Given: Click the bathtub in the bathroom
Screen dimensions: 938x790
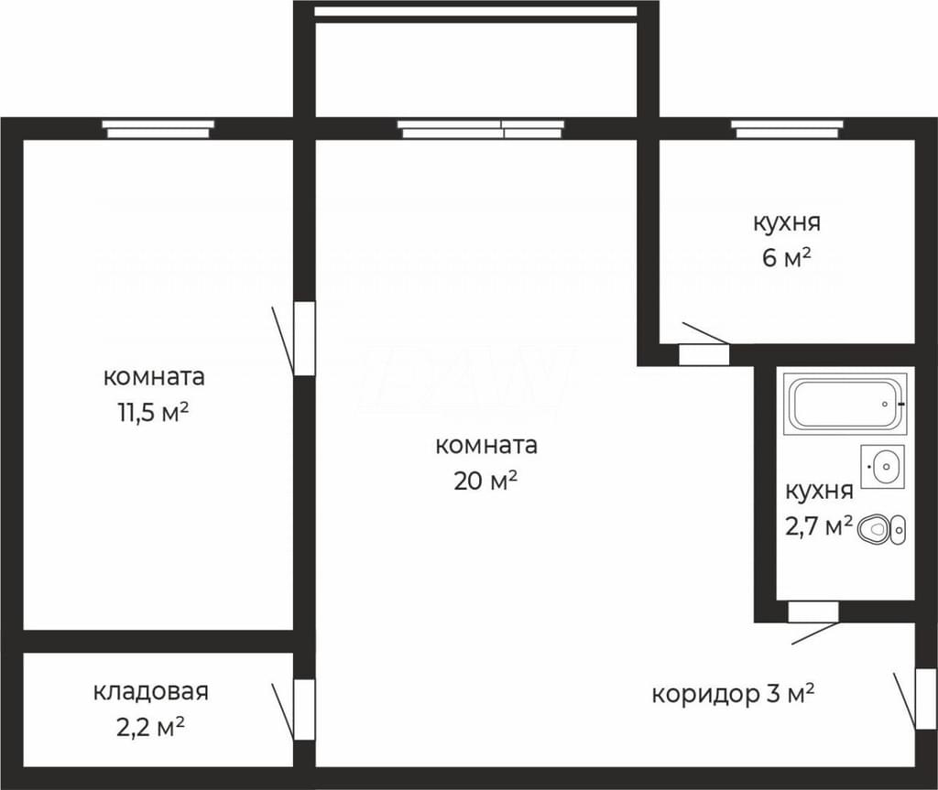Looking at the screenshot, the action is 845,403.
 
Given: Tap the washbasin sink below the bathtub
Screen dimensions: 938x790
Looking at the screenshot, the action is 883,466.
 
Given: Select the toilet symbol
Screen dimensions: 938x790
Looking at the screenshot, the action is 882,529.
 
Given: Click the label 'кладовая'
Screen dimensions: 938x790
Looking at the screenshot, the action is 151,692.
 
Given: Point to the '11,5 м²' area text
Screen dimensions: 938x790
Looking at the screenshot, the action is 154,413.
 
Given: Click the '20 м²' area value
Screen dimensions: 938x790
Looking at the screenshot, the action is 485,481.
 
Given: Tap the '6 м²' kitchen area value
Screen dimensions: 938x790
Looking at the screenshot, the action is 786,258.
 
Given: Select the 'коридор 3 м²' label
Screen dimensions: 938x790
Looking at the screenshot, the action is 733,694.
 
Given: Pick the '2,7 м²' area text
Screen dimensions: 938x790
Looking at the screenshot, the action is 819,527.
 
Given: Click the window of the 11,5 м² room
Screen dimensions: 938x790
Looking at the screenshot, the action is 158,128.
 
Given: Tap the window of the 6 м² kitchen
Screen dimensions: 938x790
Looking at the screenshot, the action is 787,128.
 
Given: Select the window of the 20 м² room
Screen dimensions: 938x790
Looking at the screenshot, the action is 481,128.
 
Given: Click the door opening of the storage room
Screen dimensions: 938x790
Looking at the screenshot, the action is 304,709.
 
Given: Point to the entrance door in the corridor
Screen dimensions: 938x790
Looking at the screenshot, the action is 926,698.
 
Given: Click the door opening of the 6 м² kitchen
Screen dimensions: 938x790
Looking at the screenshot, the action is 704,355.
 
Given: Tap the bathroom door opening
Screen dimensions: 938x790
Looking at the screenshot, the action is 813,611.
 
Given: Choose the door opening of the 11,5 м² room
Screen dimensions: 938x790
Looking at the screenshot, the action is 304,339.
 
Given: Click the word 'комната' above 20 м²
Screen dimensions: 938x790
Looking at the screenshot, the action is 486,446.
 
